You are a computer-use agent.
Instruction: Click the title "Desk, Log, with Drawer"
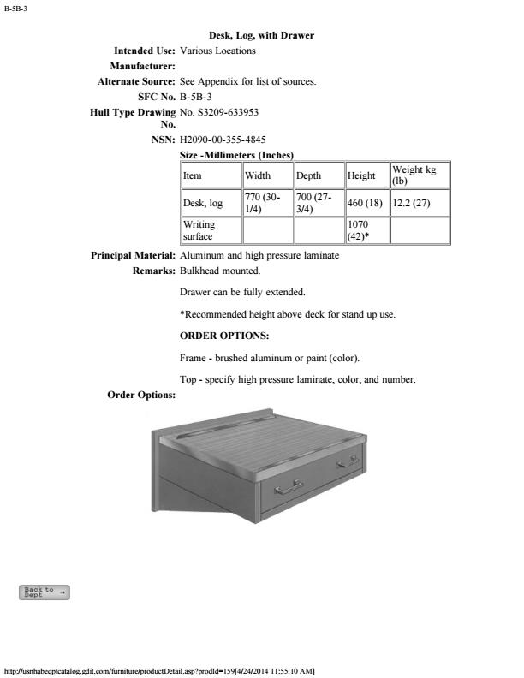(261, 35)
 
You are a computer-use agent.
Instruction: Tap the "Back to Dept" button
(45, 592)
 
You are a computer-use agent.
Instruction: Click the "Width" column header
(258, 175)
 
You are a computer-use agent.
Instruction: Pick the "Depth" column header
(308, 175)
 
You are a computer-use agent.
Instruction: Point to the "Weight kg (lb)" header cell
(419, 175)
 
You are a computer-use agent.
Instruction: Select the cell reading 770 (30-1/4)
(265, 203)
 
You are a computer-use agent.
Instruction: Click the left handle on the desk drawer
(289, 488)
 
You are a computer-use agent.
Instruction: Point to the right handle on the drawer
(347, 462)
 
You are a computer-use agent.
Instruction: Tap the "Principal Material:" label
(134, 256)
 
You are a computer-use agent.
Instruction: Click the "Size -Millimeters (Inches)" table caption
(237, 155)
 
